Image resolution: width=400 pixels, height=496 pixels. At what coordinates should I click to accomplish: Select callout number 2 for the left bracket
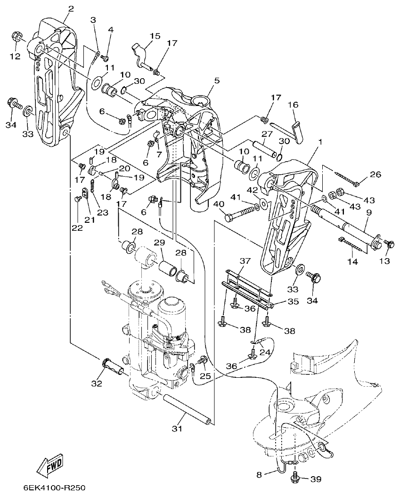[71, 8]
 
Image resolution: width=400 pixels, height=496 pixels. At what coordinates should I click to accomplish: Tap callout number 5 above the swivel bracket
[204, 81]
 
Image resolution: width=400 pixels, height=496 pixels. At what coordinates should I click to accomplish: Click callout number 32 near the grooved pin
[97, 383]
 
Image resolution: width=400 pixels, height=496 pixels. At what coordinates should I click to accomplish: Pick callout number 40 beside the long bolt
[218, 204]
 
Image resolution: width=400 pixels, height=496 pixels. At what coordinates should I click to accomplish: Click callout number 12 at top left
[15, 56]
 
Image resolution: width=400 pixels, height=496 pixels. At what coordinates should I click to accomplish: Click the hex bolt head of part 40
[230, 218]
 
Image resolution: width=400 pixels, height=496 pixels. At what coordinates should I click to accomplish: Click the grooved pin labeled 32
[113, 366]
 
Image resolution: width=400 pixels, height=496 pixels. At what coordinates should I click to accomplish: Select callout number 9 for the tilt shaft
[369, 213]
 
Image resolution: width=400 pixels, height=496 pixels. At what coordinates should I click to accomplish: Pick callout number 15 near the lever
[155, 36]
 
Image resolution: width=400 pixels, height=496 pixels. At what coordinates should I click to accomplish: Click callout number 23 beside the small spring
[103, 212]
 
